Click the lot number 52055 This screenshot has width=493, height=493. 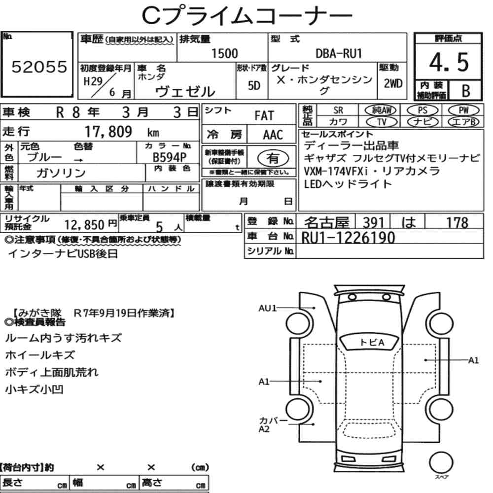click(39, 67)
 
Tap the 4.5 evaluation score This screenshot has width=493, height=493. click(449, 62)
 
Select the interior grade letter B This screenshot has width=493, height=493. click(466, 91)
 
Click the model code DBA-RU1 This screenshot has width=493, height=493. click(339, 54)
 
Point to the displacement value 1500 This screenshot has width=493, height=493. click(224, 53)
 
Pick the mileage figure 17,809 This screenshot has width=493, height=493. click(108, 132)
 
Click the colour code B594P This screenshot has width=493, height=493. click(170, 157)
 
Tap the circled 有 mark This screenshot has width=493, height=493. click(273, 158)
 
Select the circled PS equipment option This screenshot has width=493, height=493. click(423, 110)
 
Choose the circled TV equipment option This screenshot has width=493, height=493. click(382, 122)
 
